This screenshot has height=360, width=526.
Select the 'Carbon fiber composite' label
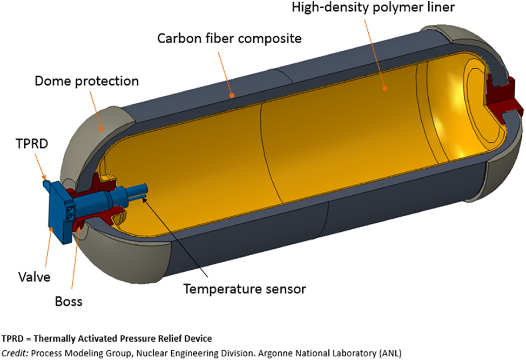(229, 39)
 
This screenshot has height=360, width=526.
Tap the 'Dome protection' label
(86, 81)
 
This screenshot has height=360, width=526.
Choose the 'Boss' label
(69, 300)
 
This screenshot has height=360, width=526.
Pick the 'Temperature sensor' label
(245, 289)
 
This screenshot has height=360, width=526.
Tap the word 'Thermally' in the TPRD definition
(58, 339)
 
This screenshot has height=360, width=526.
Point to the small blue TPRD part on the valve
(45, 183)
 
